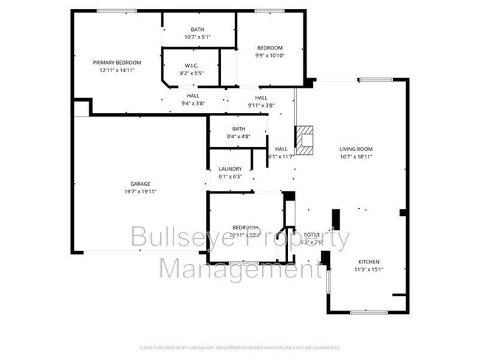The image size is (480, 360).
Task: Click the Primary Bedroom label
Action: [x=117, y=63]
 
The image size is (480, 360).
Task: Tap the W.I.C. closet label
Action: [x=191, y=65]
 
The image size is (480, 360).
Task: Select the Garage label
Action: [x=140, y=184]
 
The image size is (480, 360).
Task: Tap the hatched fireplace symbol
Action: [x=305, y=136]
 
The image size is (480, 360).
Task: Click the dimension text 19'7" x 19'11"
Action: [x=140, y=191]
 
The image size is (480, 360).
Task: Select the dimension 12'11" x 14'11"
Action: [x=117, y=71]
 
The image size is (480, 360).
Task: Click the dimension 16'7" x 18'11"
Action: [x=355, y=156]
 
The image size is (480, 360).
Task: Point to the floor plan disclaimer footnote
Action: [x=239, y=347]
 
